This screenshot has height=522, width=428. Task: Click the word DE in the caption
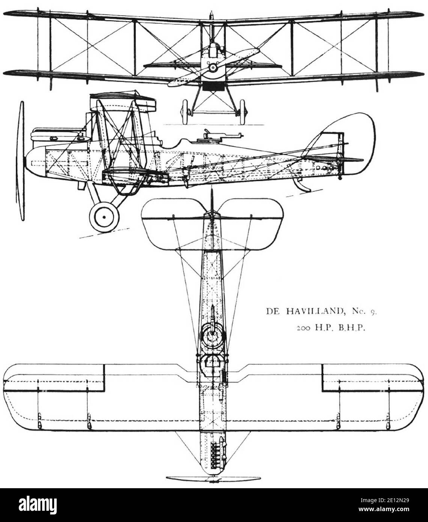[x=273, y=311]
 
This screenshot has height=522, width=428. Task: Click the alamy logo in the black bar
[x=38, y=505]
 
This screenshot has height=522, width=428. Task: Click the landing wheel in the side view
[x=104, y=217]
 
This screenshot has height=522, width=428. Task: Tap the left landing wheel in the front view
[x=185, y=112]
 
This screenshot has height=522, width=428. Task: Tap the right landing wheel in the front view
[x=243, y=112]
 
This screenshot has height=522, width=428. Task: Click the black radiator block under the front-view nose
[x=213, y=86]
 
